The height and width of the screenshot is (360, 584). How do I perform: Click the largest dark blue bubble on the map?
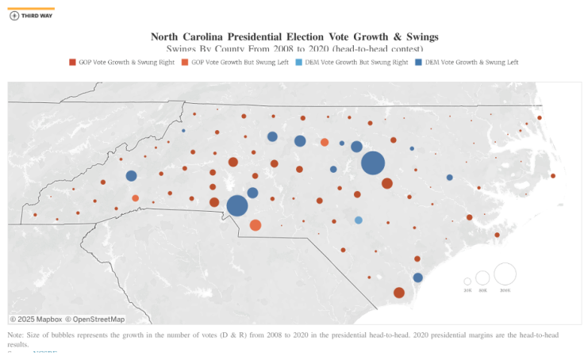tap(373, 163)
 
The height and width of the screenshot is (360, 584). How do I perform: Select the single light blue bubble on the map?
tap(359, 220)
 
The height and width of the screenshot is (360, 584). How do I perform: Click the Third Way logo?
tap(32, 15)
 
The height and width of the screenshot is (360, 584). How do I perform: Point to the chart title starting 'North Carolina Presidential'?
tap(294, 36)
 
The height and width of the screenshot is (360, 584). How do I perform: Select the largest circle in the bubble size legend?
tap(505, 274)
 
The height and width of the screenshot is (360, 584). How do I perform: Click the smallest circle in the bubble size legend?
tap(467, 281)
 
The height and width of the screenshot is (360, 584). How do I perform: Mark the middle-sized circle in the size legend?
tap(482, 278)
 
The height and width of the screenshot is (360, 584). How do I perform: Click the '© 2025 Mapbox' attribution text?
tap(35, 320)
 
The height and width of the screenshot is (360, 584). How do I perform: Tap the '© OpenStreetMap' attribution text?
tap(94, 320)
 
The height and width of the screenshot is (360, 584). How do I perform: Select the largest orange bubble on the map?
tap(255, 225)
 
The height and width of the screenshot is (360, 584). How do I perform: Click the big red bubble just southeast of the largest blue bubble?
tap(387, 184)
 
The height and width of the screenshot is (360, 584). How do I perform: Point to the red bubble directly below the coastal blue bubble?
tap(399, 293)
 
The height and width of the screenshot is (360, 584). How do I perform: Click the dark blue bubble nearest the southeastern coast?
tap(418, 278)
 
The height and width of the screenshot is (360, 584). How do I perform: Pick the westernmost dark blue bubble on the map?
tap(131, 176)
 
